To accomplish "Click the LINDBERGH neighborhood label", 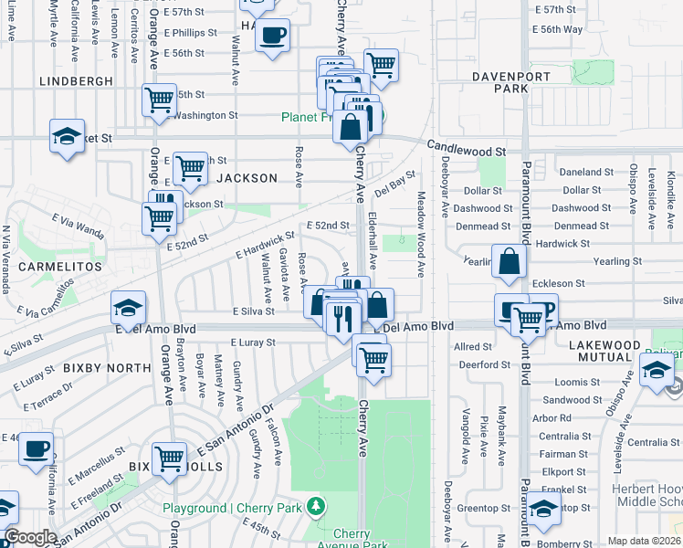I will (x=76, y=81).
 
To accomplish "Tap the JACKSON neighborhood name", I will (x=246, y=178).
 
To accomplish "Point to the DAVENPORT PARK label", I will (x=499, y=81).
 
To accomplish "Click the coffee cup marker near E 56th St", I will (x=272, y=37).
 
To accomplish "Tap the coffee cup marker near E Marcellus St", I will (x=36, y=449).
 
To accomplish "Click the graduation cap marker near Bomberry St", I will (x=543, y=509).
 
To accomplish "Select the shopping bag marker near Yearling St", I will (x=509, y=262).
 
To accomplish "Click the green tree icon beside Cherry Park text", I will (x=316, y=506).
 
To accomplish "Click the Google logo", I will (x=31, y=537).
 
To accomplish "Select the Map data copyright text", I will (x=644, y=541).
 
